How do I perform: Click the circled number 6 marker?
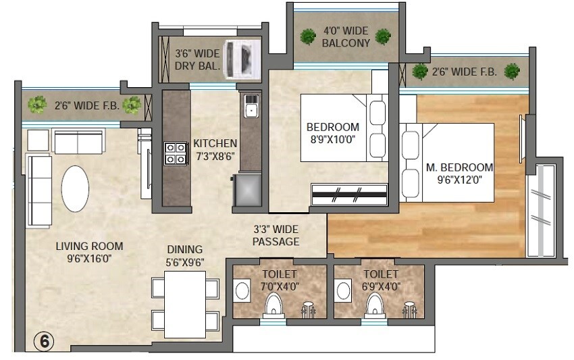[x=44, y=342]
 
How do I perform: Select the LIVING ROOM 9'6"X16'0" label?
[x=89, y=253]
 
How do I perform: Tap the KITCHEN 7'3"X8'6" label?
[x=215, y=149]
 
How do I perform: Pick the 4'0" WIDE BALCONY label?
[x=346, y=37]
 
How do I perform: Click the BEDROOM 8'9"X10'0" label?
[x=333, y=133]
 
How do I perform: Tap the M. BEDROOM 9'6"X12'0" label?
[x=459, y=174]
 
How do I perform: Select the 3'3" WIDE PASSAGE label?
[x=276, y=236]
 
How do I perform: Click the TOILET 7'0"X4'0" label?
[x=279, y=280]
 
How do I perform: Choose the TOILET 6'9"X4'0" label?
[x=381, y=280]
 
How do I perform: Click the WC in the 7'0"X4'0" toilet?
[x=274, y=307]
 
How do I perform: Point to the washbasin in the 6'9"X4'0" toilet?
[x=343, y=291]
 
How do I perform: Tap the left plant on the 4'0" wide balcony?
[x=309, y=36]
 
